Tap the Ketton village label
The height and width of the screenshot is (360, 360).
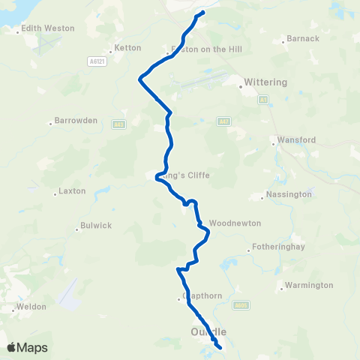[x=127, y=48]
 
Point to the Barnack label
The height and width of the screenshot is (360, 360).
[x=303, y=38]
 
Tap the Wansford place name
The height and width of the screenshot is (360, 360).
[x=295, y=139]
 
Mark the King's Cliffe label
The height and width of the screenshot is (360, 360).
[x=187, y=175]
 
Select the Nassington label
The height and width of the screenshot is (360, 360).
[x=289, y=194]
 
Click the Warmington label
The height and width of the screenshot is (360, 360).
[x=308, y=286]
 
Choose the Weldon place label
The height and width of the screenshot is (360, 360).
[x=32, y=306]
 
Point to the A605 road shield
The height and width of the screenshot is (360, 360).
[x=240, y=304]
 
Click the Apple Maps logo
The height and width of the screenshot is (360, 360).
[x=27, y=347]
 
